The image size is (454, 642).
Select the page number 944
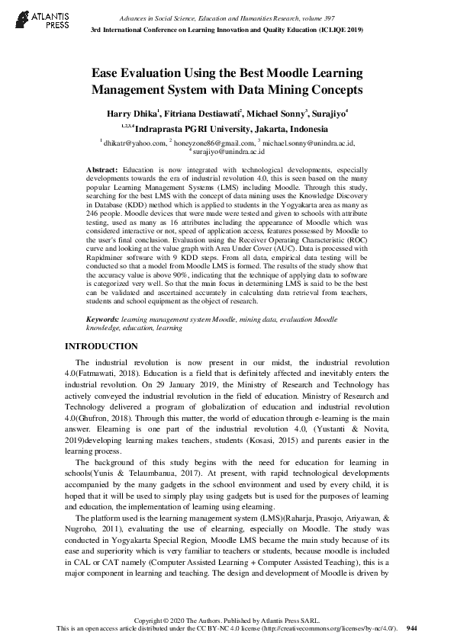click(x=412, y=628)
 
